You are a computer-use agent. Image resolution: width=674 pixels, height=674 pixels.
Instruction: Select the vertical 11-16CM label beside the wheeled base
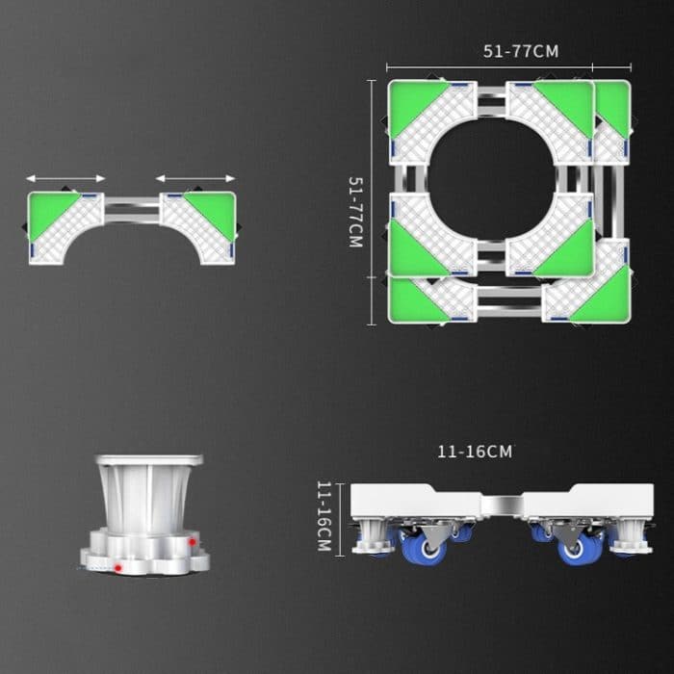(324, 517)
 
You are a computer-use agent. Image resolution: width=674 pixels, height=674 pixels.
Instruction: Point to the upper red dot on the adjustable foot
(193, 542)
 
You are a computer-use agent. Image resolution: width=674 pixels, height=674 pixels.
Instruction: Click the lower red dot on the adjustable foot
(117, 568)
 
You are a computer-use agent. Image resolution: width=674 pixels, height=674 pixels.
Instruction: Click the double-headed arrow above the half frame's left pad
(65, 178)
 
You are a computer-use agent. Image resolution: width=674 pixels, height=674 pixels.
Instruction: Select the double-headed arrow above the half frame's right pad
(195, 178)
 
